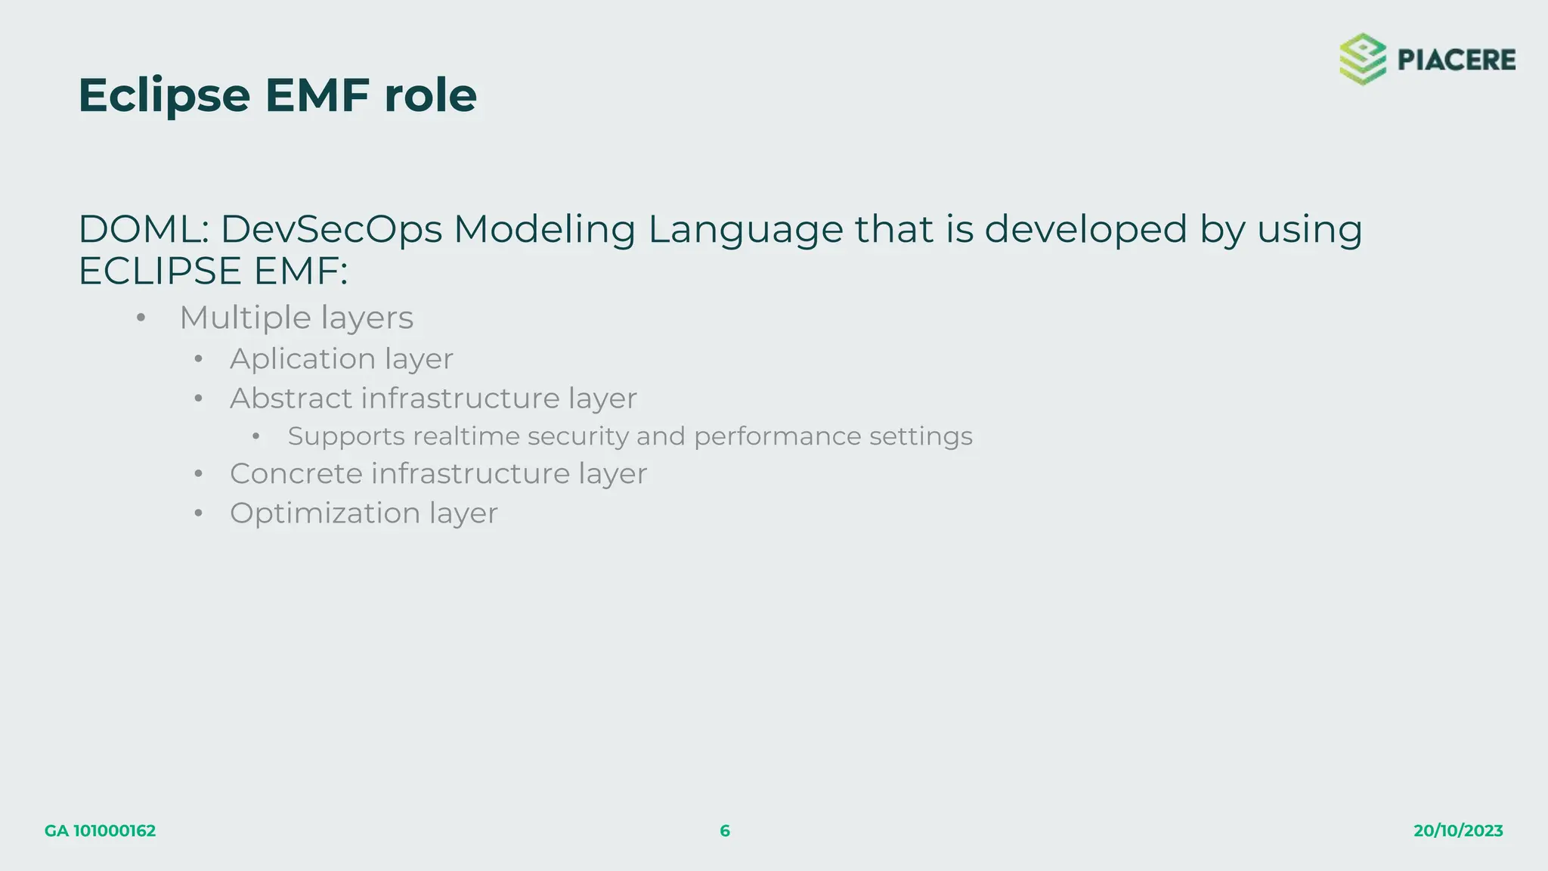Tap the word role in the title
coord(430,96)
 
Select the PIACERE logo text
coord(1456,60)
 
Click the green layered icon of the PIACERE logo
coord(1363,59)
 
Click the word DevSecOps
coord(331,229)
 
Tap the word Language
coord(745,231)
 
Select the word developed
coord(1086,229)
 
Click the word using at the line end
coord(1310,231)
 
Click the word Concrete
coord(296,474)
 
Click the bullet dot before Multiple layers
coord(141,318)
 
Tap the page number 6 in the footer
coord(725,831)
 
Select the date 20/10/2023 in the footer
coord(1458,831)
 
